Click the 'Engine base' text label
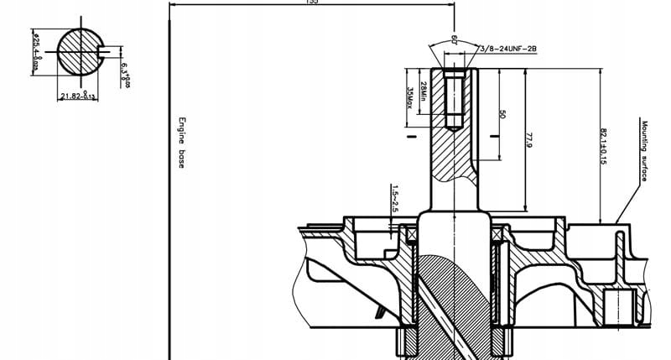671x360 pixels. [x=179, y=142]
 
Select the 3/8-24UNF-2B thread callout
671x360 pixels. [x=508, y=50]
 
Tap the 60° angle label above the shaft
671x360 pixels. [x=454, y=39]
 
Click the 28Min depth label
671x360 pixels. [x=424, y=91]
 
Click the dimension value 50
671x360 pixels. [x=502, y=113]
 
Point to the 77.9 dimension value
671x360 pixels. [x=529, y=139]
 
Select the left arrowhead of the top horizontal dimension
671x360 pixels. [x=172, y=3]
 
